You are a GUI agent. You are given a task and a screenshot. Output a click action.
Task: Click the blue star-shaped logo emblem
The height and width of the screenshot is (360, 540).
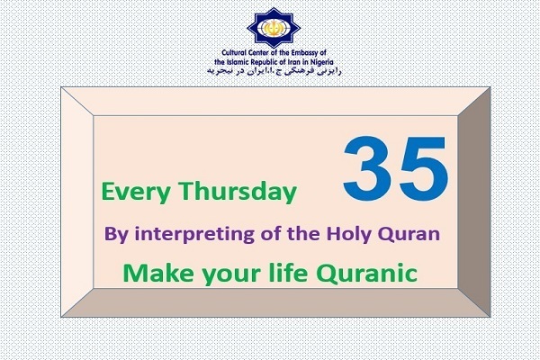(274, 28)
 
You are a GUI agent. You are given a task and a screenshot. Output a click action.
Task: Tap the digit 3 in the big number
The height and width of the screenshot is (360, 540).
(367, 167)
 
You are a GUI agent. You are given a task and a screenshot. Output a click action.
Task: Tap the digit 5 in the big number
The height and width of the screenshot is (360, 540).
(423, 168)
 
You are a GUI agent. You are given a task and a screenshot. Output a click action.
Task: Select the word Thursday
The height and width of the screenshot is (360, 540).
(237, 191)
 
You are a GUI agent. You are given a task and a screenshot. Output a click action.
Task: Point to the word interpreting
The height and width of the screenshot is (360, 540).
(194, 234)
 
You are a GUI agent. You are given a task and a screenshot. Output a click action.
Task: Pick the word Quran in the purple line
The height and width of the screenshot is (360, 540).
(409, 234)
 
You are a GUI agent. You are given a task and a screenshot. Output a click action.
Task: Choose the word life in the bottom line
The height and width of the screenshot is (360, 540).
(288, 273)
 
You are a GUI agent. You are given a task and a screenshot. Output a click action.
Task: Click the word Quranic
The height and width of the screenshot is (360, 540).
(367, 274)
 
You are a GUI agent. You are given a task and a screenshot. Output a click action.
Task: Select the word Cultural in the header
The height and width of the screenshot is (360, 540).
(234, 53)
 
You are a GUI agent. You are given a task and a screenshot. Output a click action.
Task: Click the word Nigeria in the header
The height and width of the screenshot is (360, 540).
(321, 62)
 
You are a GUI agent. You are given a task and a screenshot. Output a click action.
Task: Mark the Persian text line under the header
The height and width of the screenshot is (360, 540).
(274, 71)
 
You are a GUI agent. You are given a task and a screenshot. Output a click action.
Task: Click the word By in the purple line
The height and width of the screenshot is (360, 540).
(116, 234)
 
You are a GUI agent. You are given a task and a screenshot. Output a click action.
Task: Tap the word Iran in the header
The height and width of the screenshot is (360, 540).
(295, 62)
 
